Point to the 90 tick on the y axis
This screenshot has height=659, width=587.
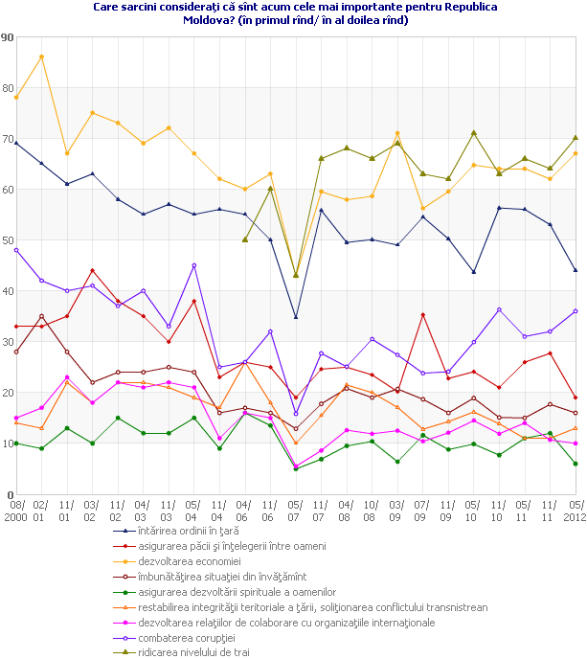click(x=8, y=37)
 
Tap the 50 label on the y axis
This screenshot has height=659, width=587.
click(x=8, y=240)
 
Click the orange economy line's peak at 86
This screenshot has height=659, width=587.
click(x=41, y=57)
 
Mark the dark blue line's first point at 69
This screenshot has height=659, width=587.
click(x=16, y=143)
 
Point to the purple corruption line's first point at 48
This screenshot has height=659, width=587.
click(x=16, y=250)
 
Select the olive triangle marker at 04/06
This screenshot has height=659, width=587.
click(x=245, y=239)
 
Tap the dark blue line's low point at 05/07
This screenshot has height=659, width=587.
click(x=296, y=317)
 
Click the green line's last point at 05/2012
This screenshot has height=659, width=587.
click(x=575, y=464)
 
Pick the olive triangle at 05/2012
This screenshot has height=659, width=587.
click(x=575, y=138)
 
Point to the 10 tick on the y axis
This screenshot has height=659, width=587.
click(x=8, y=443)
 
